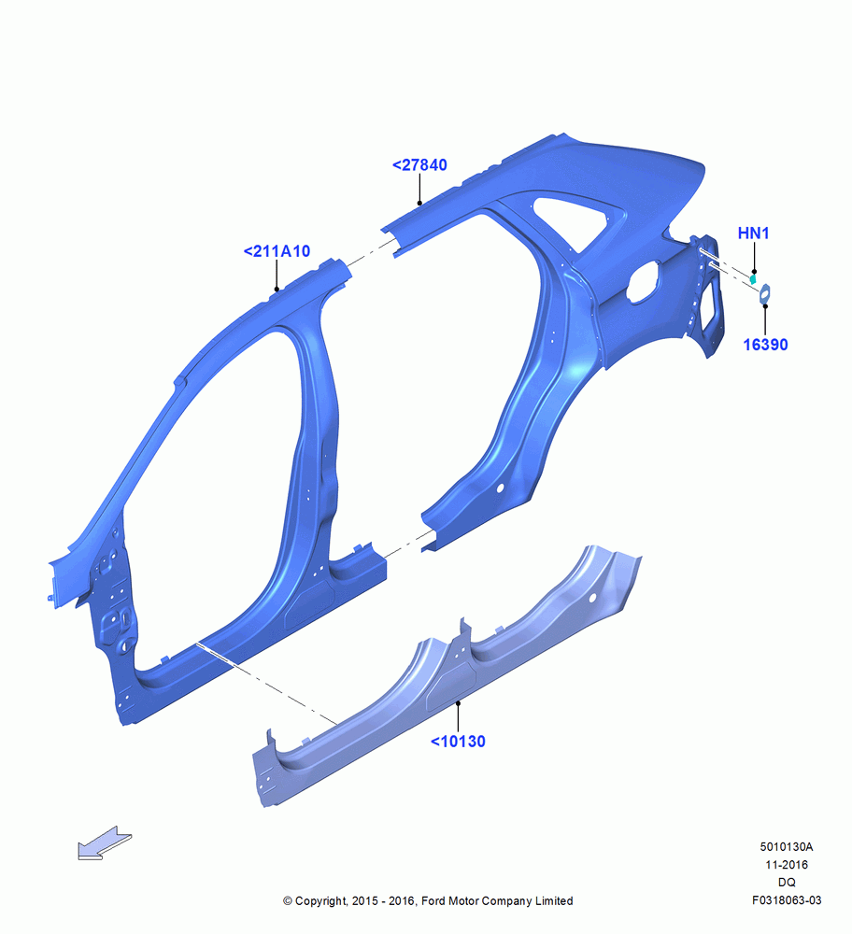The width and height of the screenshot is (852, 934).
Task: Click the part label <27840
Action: [419, 165]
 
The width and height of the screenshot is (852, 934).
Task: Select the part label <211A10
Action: [277, 251]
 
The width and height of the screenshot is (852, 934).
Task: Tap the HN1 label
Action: [754, 233]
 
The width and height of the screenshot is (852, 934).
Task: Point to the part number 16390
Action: [766, 345]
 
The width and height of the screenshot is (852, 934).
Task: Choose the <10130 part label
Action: [458, 741]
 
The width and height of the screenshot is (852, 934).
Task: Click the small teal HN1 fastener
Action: [753, 277]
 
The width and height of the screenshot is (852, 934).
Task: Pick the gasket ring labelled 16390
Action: [765, 293]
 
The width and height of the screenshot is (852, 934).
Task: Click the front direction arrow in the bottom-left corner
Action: [105, 842]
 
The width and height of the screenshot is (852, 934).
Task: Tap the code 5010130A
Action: [787, 846]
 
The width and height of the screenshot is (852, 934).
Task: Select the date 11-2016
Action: [787, 864]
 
